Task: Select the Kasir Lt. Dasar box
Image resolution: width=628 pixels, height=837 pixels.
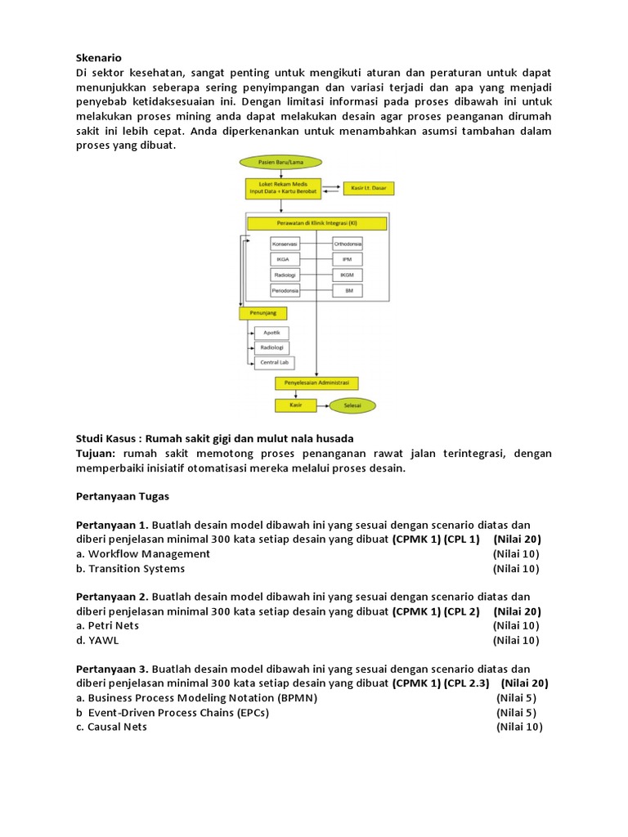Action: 368,188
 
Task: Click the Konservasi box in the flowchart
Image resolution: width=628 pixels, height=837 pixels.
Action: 285,244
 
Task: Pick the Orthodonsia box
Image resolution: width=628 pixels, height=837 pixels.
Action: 348,244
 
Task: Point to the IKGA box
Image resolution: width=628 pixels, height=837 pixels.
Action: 285,259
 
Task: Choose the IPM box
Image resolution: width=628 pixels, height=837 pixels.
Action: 348,259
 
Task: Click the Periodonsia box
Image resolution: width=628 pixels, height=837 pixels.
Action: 285,291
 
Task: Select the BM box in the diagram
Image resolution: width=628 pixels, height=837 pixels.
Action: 348,291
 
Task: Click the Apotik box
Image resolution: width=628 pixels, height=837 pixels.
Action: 272,333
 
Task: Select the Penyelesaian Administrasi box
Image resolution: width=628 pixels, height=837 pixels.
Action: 317,383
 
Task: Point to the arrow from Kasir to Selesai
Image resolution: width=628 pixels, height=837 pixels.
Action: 322,405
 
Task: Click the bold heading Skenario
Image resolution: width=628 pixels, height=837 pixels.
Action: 98,58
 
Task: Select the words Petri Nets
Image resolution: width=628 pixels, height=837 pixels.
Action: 114,625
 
